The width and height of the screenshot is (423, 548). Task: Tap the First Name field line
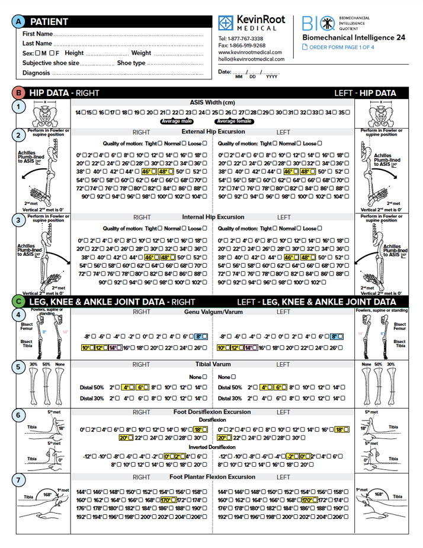pyautogui.click(x=130, y=34)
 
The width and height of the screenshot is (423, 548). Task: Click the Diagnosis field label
pyautogui.click(x=36, y=73)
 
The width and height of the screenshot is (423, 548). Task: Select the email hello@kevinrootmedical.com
pyautogui.click(x=251, y=59)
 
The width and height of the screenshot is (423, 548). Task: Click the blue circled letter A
pyautogui.click(x=20, y=22)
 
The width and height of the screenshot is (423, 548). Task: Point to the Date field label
pyautogui.click(x=225, y=71)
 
